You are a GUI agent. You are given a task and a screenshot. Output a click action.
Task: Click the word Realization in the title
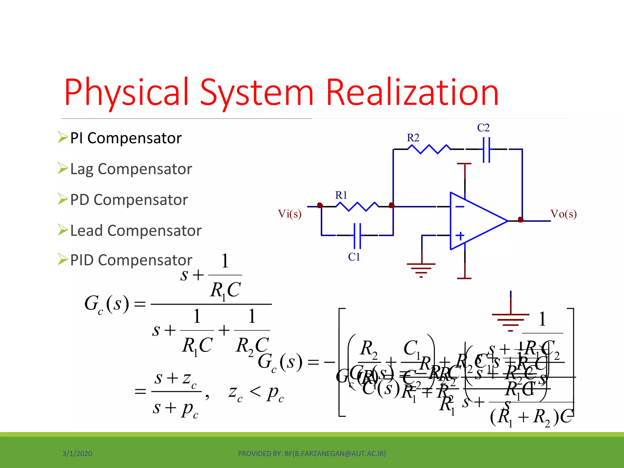412,92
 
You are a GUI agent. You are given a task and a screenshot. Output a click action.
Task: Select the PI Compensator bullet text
126,138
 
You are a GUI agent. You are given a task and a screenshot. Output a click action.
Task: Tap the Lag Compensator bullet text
131,169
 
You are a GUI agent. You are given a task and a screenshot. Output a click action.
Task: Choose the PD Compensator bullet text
129,200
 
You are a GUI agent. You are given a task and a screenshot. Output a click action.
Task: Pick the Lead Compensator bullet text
136,231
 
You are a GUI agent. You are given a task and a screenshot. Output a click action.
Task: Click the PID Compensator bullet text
131,260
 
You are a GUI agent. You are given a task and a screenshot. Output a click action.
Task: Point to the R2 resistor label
413,138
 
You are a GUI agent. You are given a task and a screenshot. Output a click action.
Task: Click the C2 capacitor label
483,128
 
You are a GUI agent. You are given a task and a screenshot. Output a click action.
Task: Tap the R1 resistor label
341,195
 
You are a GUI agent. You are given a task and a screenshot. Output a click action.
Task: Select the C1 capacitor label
354,257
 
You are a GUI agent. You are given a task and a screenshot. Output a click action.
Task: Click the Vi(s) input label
289,214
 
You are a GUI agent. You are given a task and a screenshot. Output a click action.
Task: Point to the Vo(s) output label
563,214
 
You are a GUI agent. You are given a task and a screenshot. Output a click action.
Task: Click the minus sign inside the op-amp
460,207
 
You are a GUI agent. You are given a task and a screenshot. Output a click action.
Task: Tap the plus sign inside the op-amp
460,236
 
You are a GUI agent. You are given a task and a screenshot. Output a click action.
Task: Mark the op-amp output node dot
521,220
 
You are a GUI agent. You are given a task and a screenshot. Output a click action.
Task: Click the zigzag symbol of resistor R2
429,149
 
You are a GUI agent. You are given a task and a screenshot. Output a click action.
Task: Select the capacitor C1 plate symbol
357,236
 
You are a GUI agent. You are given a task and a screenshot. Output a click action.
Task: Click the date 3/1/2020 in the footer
77,454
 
